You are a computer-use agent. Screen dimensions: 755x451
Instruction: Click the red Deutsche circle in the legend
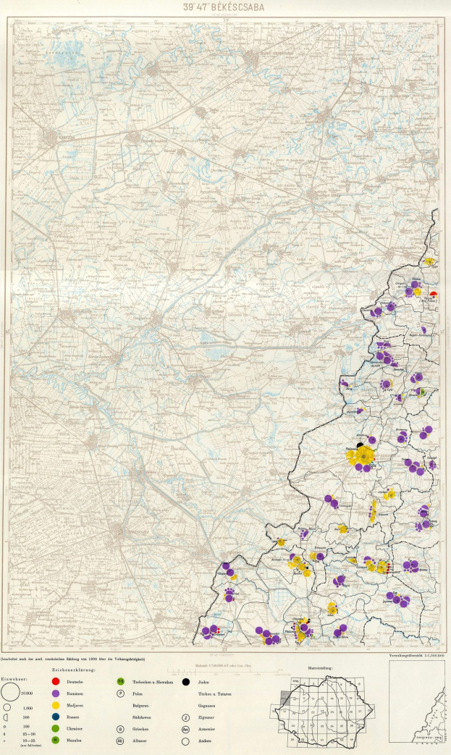pyautogui.click(x=56, y=682)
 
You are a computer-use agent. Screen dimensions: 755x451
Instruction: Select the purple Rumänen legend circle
pyautogui.click(x=56, y=693)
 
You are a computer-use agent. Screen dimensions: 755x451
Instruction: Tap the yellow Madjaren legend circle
pyautogui.click(x=56, y=704)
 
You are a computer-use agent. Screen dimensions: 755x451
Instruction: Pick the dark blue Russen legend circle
pyautogui.click(x=56, y=716)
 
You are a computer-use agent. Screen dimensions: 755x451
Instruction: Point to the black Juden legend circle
pyautogui.click(x=186, y=682)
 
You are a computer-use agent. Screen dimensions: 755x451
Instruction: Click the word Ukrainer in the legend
pyautogui.click(x=75, y=727)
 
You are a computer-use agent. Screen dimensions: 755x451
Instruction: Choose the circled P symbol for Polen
pyautogui.click(x=120, y=693)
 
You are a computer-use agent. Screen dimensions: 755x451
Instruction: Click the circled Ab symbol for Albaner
pyautogui.click(x=120, y=740)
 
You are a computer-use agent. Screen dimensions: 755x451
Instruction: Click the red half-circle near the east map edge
pyautogui.click(x=433, y=293)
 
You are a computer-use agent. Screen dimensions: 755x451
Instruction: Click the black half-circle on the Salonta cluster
pyautogui.click(x=360, y=445)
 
